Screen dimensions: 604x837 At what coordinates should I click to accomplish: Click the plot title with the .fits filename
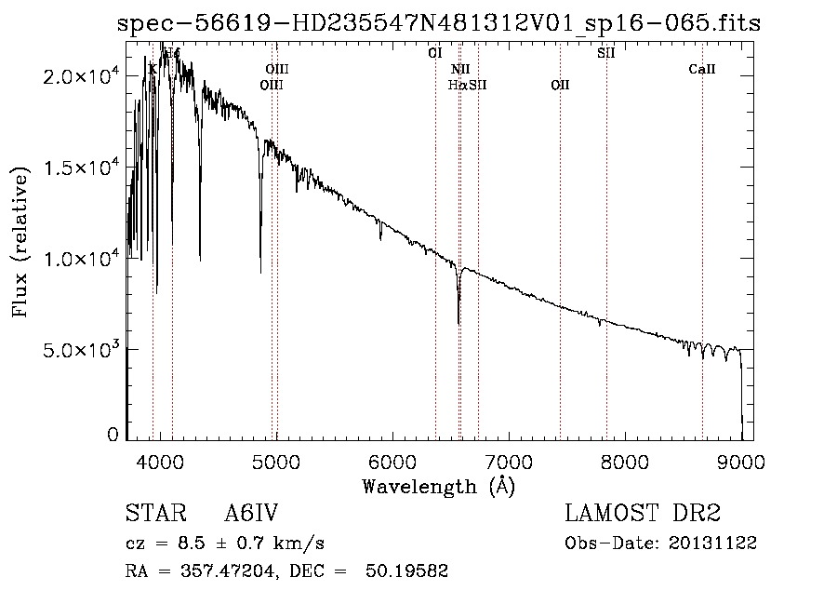coord(439,23)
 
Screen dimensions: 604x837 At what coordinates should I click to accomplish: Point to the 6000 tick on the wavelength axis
coord(392,461)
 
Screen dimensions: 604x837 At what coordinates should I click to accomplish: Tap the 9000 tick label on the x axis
coord(741,461)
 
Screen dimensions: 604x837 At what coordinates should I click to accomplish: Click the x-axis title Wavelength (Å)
coord(438,486)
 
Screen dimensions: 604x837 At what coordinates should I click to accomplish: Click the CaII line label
coord(702,69)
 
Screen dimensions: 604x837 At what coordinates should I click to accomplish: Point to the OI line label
coord(434,53)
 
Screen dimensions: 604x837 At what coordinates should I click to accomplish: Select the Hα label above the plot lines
coord(457,85)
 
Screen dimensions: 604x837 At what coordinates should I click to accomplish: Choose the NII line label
coord(460,69)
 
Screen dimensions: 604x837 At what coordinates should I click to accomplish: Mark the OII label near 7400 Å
coord(559,85)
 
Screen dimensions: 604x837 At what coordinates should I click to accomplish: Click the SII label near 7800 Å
coord(605,53)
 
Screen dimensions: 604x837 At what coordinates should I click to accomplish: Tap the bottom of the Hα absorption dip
coord(458,322)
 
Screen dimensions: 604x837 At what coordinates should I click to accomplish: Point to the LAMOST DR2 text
coord(643,515)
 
